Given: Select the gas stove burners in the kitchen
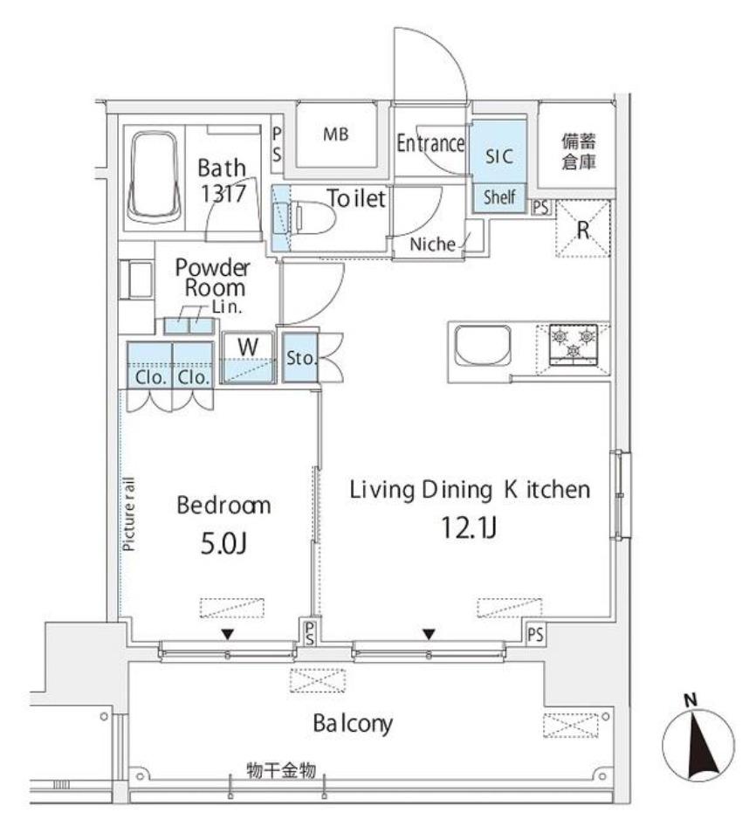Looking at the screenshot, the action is (x=573, y=344).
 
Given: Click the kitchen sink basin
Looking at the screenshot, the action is (x=482, y=346).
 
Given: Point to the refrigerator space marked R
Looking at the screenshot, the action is (x=583, y=229).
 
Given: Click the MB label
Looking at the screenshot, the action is (x=336, y=134).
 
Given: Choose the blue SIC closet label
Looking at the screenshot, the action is (x=499, y=156).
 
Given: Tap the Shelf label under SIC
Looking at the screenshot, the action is (x=499, y=197).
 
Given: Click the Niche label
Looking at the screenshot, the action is (x=433, y=244).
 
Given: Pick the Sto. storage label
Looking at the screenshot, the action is (x=300, y=358).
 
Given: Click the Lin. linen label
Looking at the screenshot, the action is (x=227, y=307).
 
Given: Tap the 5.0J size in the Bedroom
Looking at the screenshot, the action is (x=223, y=544).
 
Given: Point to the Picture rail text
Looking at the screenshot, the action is (x=129, y=514).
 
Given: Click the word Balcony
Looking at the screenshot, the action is (x=353, y=724).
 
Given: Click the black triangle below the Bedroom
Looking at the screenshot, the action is (x=228, y=635).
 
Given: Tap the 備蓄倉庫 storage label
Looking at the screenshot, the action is (x=579, y=152).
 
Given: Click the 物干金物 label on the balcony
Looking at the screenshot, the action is (x=281, y=770).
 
